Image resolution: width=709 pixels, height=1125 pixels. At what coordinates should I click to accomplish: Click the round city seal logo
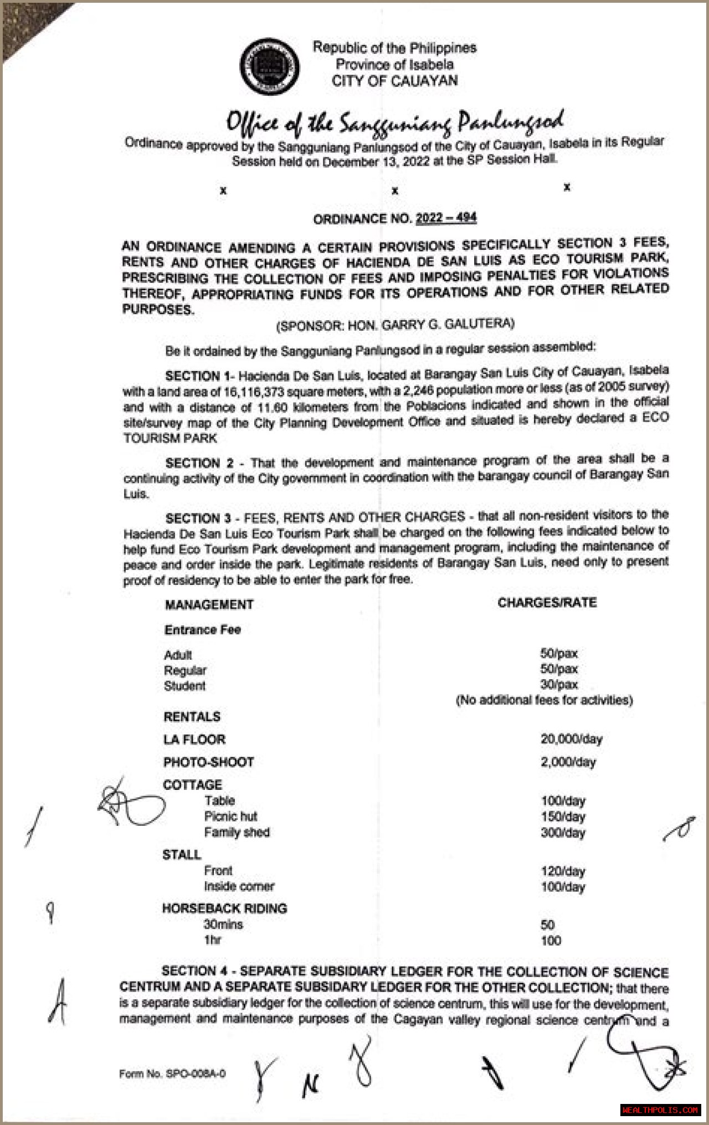click(270, 66)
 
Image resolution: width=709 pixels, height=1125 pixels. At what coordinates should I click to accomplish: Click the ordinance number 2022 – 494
click(446, 218)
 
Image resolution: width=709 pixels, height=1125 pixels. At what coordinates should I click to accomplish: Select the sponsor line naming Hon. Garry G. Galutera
click(395, 324)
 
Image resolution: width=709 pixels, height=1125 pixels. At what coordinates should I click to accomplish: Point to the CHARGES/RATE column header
click(547, 603)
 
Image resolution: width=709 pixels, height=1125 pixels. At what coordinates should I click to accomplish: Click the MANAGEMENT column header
click(209, 604)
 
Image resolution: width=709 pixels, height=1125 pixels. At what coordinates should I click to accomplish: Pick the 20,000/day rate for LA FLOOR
click(571, 739)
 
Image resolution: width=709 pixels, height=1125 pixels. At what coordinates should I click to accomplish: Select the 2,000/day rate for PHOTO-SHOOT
click(568, 762)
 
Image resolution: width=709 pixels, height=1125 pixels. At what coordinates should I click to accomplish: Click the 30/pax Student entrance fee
click(559, 685)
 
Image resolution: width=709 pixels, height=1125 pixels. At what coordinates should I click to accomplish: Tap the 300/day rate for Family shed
click(563, 833)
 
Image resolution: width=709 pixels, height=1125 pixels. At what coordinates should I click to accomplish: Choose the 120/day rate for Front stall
click(563, 871)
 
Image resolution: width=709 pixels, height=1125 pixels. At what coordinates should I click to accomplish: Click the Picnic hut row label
click(230, 816)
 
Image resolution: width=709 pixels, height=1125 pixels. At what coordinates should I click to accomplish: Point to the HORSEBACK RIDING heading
click(224, 908)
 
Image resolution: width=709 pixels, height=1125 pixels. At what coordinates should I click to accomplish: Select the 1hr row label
click(212, 940)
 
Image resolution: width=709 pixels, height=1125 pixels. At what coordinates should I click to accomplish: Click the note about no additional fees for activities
click(544, 700)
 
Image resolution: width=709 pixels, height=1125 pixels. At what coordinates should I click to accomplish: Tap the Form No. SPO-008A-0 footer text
click(172, 1074)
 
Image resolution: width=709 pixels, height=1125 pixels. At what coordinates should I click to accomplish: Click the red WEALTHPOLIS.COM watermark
click(660, 1110)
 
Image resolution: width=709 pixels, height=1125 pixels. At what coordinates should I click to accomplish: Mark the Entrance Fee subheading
click(202, 630)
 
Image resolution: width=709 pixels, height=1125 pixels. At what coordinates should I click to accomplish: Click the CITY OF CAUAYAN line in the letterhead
click(394, 81)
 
